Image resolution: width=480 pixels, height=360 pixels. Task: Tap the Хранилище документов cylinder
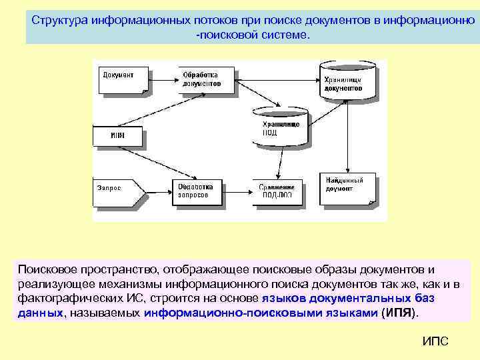coord(343,81)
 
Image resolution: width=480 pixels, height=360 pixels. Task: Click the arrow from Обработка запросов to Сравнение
coord(238,191)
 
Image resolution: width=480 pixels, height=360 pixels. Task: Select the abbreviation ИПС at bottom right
coord(436,341)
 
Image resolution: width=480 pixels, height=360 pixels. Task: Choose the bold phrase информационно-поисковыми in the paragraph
coord(208,313)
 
